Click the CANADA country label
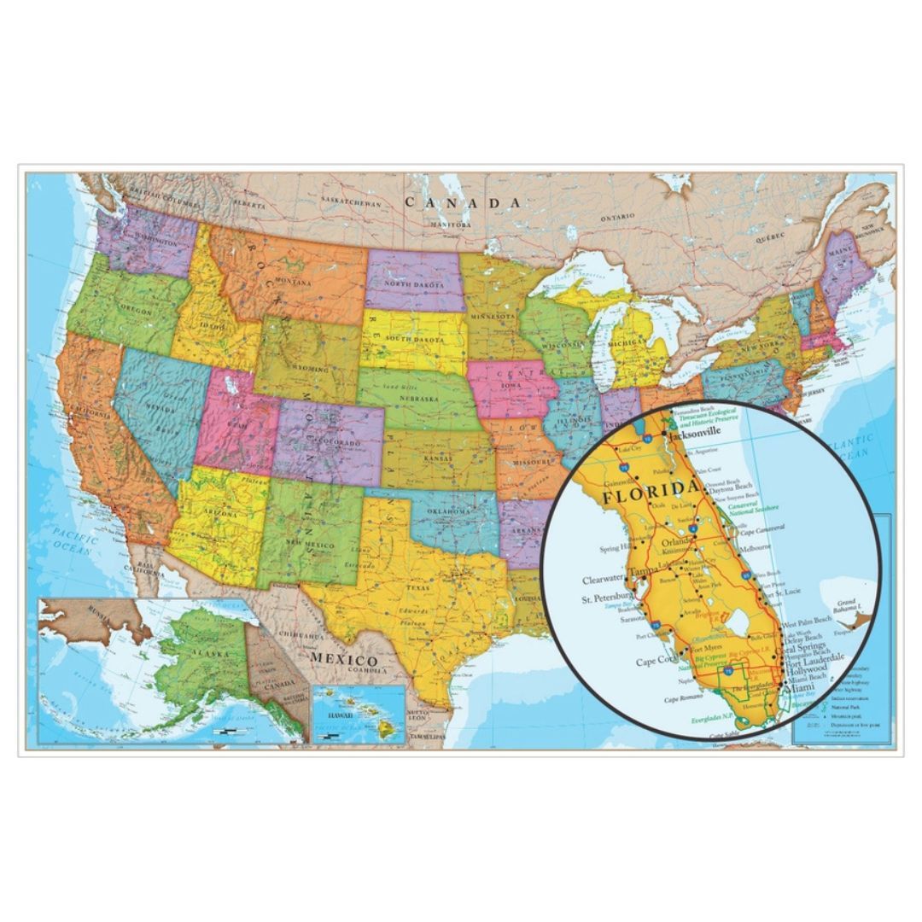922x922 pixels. coord(462,203)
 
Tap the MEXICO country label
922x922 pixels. coord(343,660)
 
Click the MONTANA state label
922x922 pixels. coord(293,282)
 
